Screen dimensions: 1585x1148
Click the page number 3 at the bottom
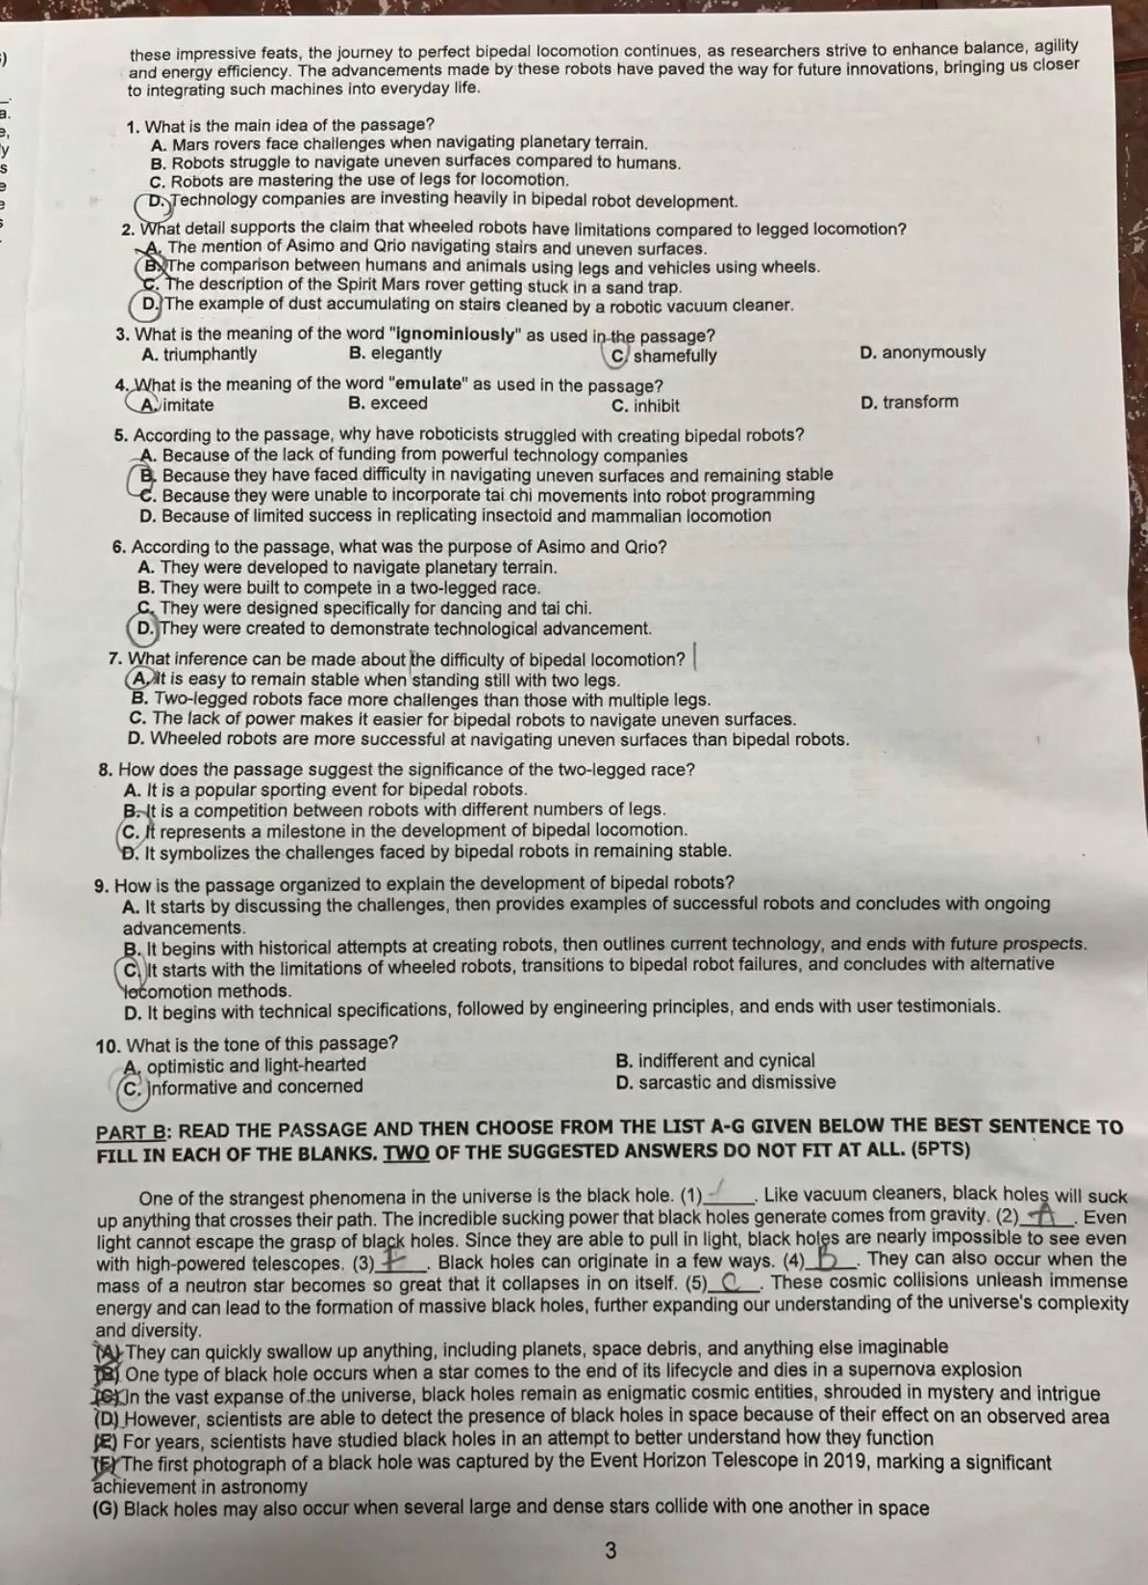610,1549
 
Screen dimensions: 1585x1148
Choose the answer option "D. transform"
910,402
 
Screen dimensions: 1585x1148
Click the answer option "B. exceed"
387,404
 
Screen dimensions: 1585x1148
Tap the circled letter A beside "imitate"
147,405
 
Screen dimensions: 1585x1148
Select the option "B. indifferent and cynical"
714,1061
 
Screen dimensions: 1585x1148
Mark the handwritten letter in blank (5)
733,1282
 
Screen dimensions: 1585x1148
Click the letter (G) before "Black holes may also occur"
106,1508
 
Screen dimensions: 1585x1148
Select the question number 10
108,1045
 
